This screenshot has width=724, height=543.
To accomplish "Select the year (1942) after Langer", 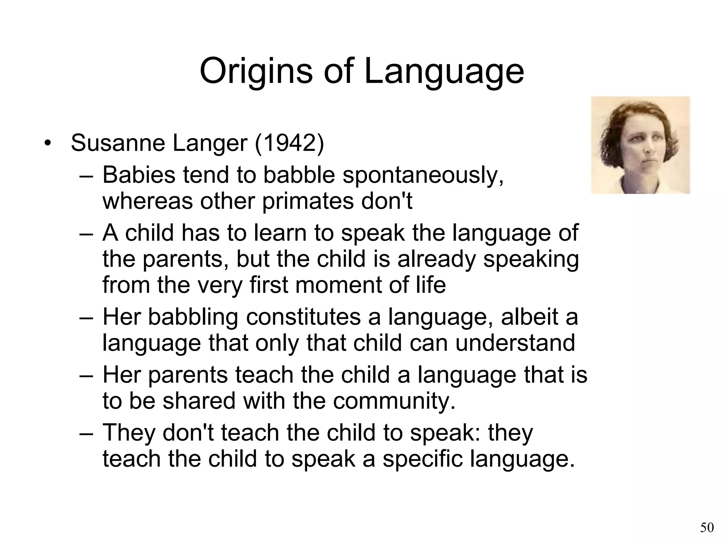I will [289, 143].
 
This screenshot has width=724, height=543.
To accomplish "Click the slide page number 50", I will [707, 528].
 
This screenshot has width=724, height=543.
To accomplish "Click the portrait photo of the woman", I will [640, 145].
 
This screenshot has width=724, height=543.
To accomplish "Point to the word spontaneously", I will [423, 175].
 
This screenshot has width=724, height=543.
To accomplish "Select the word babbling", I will [193, 317].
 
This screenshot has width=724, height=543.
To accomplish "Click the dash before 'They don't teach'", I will [86, 433].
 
